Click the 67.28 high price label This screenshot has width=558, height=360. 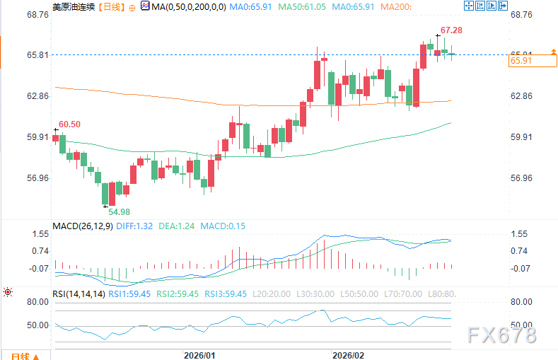(x=451, y=30)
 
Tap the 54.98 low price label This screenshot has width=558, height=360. (x=120, y=211)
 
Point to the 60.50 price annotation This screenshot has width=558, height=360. (x=69, y=124)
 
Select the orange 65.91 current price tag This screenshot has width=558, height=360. (x=520, y=62)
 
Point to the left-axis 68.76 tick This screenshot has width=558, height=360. (x=38, y=14)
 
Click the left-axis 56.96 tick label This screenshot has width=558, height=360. (x=38, y=178)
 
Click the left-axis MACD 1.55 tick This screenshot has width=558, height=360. (x=40, y=233)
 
